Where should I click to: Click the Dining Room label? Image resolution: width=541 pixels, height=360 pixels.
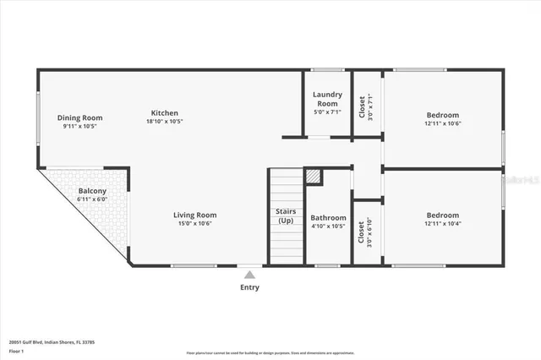pos(79,117)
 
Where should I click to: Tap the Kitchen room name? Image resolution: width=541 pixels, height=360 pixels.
pos(165,113)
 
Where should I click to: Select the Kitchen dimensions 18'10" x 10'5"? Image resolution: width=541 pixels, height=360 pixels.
pos(165,122)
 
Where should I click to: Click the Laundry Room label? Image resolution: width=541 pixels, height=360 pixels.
pos(326,98)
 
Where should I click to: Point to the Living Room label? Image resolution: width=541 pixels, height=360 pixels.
pos(195,215)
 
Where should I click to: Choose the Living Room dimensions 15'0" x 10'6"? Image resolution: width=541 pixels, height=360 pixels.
pos(195,224)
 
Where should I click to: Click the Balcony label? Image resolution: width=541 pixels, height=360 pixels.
pos(92,191)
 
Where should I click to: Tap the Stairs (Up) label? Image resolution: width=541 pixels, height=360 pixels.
pos(285,215)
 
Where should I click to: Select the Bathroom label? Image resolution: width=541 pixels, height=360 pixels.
pos(328,217)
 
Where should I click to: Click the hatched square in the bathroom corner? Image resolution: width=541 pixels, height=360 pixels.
pos(314,176)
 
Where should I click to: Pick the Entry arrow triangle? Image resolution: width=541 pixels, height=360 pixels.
pos(249,273)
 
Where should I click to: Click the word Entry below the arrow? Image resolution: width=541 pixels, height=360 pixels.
pos(249,287)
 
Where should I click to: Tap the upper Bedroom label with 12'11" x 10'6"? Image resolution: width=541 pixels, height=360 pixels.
pos(442,115)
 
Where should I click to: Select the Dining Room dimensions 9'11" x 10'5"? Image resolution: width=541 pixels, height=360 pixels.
pos(79,126)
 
